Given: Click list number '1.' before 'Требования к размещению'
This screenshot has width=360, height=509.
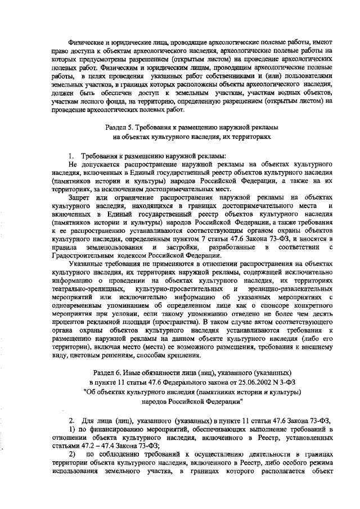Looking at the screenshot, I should coord(71,155).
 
